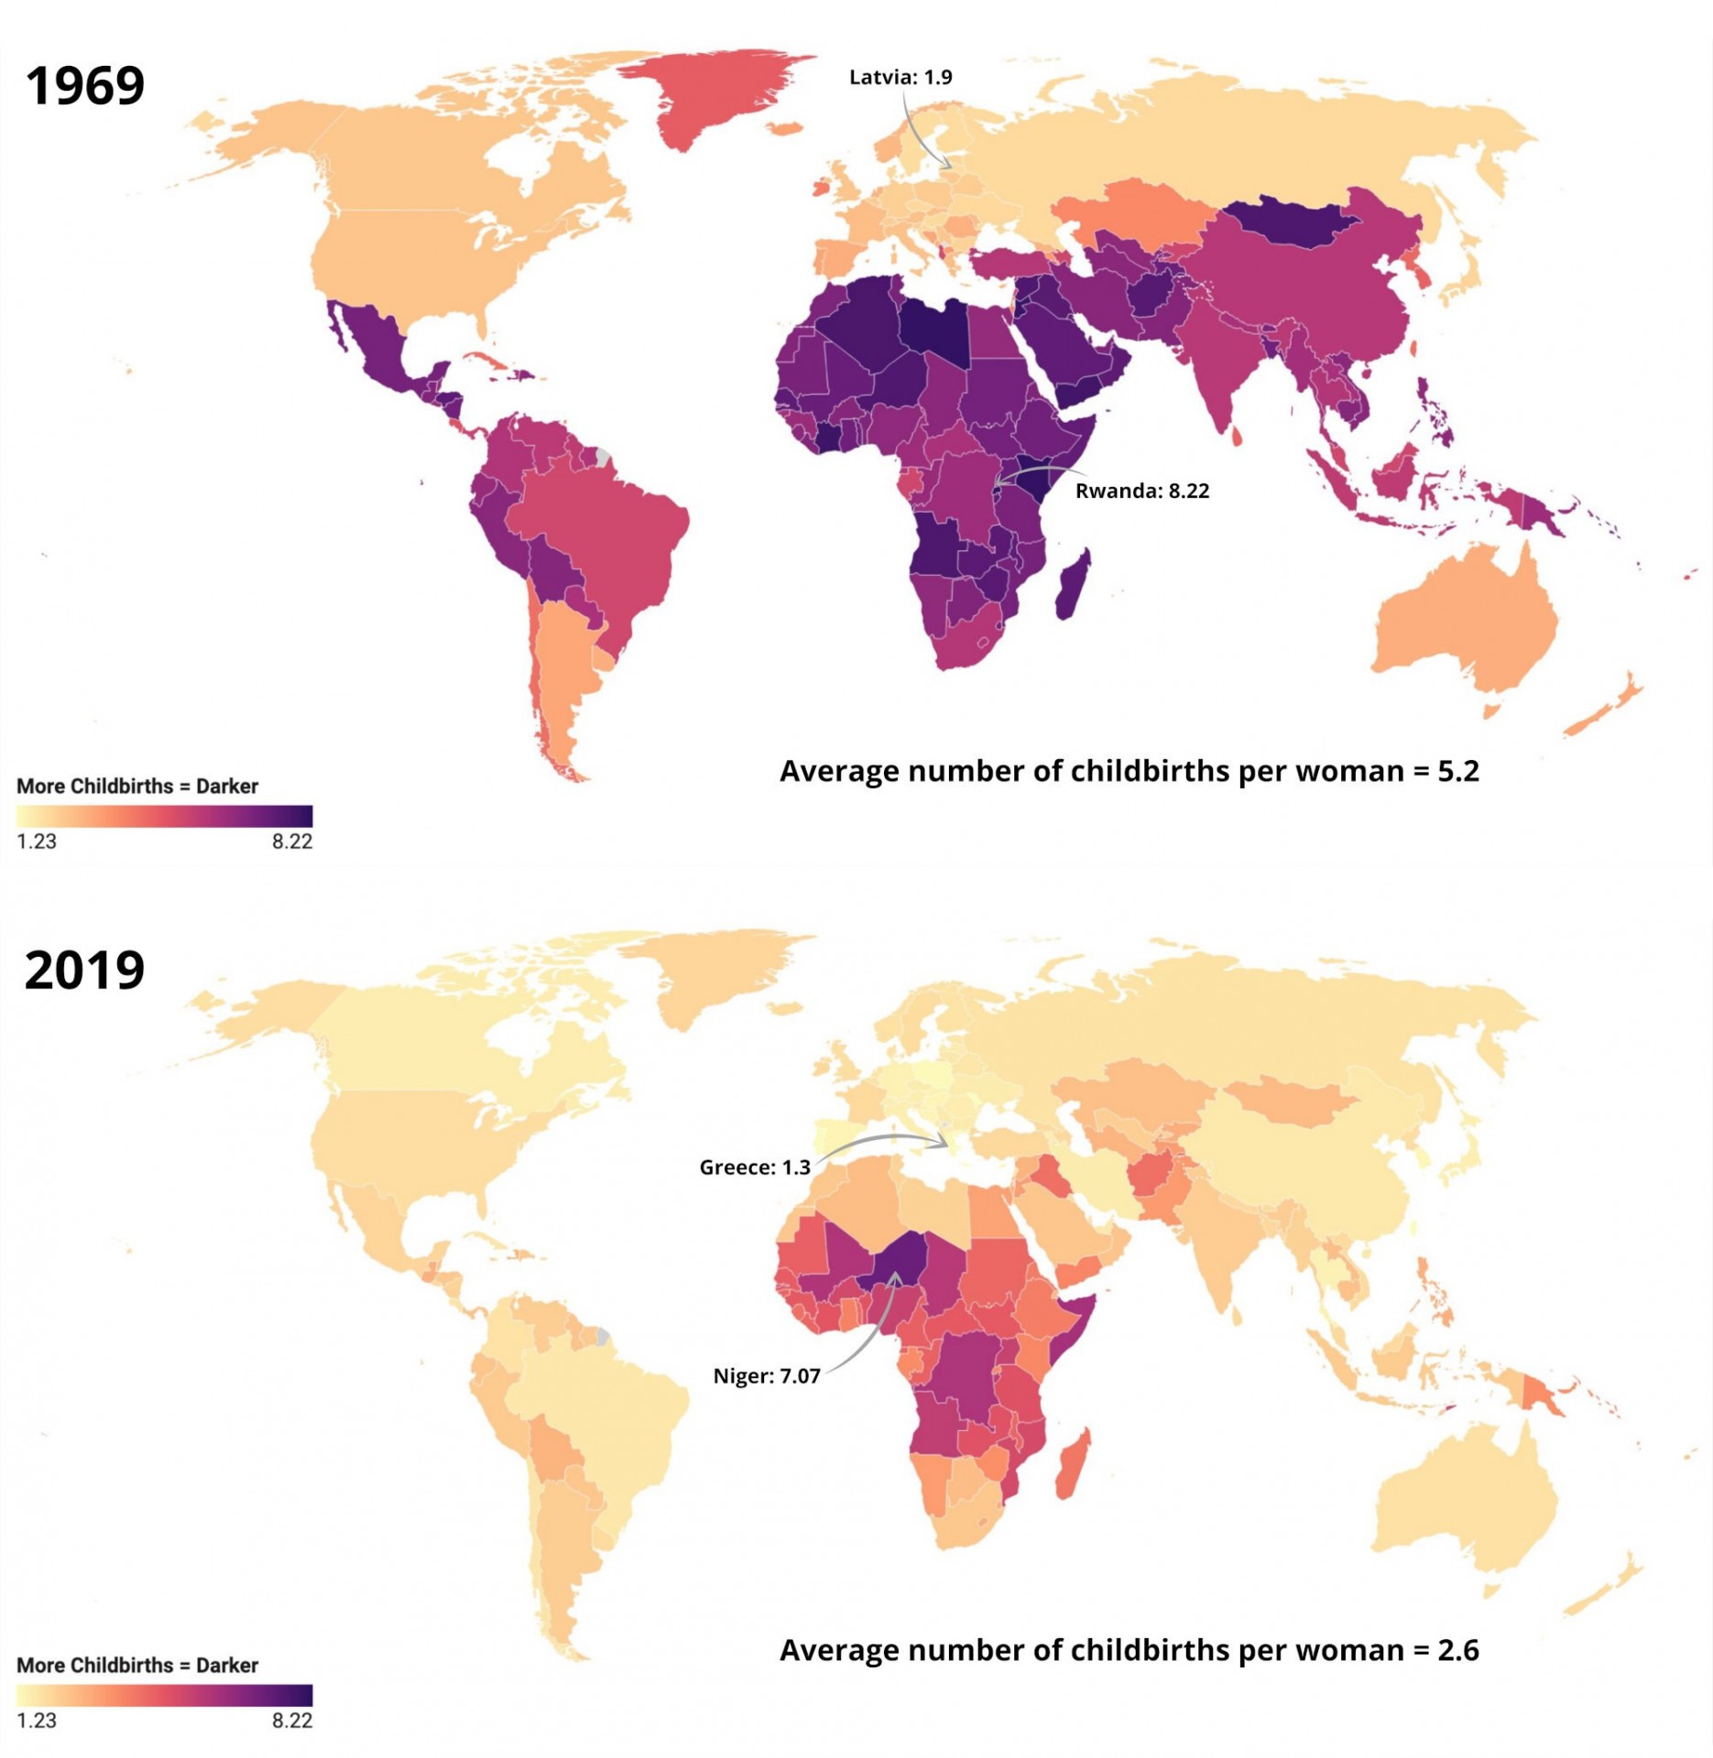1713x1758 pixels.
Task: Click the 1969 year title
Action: [84, 86]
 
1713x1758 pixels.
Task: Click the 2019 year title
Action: [84, 970]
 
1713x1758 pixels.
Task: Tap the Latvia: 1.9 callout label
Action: [900, 77]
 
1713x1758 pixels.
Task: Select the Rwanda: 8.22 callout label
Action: [1142, 491]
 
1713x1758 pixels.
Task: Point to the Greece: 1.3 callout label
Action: [755, 1167]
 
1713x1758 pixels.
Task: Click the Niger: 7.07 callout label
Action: [767, 1376]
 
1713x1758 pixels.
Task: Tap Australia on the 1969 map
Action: [1466, 623]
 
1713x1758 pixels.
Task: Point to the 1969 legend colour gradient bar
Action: [165, 816]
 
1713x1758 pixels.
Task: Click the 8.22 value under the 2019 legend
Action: [292, 1720]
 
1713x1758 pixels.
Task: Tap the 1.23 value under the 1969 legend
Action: [37, 841]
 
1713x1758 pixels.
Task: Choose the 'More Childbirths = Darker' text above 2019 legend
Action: [137, 1666]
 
